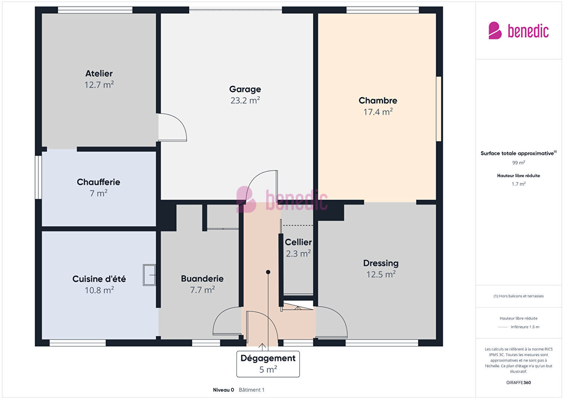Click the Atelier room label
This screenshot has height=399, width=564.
point(99,74)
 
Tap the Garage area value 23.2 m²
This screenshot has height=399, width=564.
point(245,100)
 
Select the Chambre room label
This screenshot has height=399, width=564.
point(378,101)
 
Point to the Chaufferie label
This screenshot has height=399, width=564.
point(98,182)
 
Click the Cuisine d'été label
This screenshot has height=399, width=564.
point(99,279)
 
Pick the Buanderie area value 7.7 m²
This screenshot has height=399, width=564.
point(202,290)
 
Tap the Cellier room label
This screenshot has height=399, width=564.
point(298,242)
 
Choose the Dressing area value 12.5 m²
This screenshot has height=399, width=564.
point(381,274)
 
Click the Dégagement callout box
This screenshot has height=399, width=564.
point(268,364)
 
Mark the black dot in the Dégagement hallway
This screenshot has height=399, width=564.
point(268,272)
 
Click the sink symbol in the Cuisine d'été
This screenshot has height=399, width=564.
point(149,275)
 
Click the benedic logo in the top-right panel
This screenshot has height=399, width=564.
point(519,31)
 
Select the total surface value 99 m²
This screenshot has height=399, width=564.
point(519,163)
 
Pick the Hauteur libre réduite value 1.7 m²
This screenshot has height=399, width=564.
point(519,184)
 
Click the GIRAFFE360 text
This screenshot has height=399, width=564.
point(519,382)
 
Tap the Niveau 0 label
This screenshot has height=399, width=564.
point(223,390)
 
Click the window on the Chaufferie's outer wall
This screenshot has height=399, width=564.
point(38,177)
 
